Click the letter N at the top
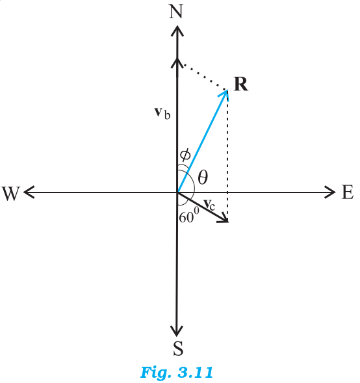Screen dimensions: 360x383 [176, 12]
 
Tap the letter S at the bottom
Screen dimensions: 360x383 [178, 348]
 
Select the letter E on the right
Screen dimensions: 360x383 [347, 192]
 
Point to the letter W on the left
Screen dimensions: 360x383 [11, 194]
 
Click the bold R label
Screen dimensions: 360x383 [240, 84]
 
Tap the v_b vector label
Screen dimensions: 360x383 [162, 113]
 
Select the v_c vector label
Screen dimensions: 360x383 [210, 205]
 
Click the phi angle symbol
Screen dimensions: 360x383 [185, 155]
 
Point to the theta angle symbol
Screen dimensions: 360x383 [203, 177]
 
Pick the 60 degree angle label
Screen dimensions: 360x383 [189, 216]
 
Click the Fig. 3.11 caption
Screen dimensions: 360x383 [177, 372]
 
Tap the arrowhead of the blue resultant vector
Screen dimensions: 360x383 [225, 94]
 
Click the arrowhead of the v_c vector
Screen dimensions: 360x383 [224, 219]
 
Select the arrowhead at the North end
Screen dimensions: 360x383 [177, 31]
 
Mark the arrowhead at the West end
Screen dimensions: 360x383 [29, 192]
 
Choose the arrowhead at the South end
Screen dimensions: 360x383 [177, 330]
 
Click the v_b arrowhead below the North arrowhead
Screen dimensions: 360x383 [177, 63]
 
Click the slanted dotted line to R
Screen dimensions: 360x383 [205, 77]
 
